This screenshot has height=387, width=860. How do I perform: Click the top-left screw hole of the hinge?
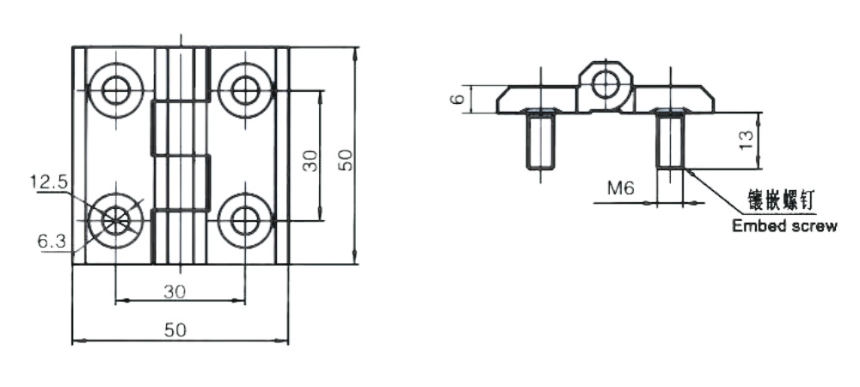(x=116, y=90)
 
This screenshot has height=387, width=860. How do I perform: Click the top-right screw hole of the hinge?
(x=245, y=90)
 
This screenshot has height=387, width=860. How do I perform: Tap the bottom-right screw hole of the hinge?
(x=245, y=221)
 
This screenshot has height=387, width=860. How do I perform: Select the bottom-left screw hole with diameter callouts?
(x=116, y=221)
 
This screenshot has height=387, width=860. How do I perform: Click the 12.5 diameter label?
(x=49, y=181)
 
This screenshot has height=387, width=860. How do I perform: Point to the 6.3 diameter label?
(x=52, y=241)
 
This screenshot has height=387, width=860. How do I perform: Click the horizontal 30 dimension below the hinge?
(x=175, y=292)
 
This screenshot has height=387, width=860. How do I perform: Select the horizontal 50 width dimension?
(x=175, y=330)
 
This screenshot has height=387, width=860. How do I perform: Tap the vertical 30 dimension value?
(x=310, y=161)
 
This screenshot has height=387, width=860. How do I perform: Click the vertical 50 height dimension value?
(x=346, y=161)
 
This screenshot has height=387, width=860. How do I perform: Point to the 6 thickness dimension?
(x=459, y=99)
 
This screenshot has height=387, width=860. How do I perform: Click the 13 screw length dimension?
(x=746, y=141)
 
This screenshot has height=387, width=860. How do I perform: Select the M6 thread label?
(x=620, y=188)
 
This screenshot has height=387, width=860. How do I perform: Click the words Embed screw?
(x=785, y=225)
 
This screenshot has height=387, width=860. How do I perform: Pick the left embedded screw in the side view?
(x=540, y=139)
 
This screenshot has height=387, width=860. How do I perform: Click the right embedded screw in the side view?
(x=670, y=139)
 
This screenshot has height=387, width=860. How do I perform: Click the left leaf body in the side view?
(x=537, y=99)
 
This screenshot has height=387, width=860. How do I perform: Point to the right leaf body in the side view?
(x=674, y=99)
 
